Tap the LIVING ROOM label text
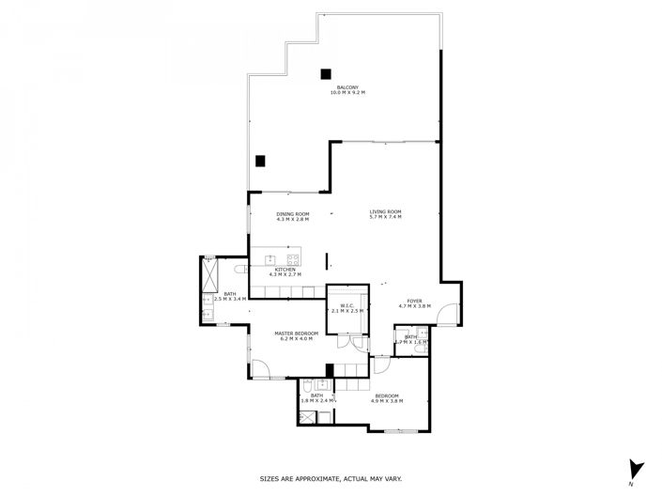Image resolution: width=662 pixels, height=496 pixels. point(385,212)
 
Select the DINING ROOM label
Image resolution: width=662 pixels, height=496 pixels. point(292,214)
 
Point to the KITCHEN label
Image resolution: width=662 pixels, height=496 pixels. point(285,270)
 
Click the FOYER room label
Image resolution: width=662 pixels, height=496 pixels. point(414,301)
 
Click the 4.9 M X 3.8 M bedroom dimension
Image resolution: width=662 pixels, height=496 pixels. point(387,401)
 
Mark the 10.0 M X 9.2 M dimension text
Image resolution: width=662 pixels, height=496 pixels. point(347,93)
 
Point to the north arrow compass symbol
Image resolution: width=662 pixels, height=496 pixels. point(636,467)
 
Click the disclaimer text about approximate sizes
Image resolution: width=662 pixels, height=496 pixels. point(331,479)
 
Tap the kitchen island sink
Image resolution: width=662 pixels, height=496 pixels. point(271,258)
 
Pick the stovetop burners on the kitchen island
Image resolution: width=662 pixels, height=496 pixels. point(292,258)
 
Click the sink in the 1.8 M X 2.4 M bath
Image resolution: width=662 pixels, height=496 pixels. point(324,386)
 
